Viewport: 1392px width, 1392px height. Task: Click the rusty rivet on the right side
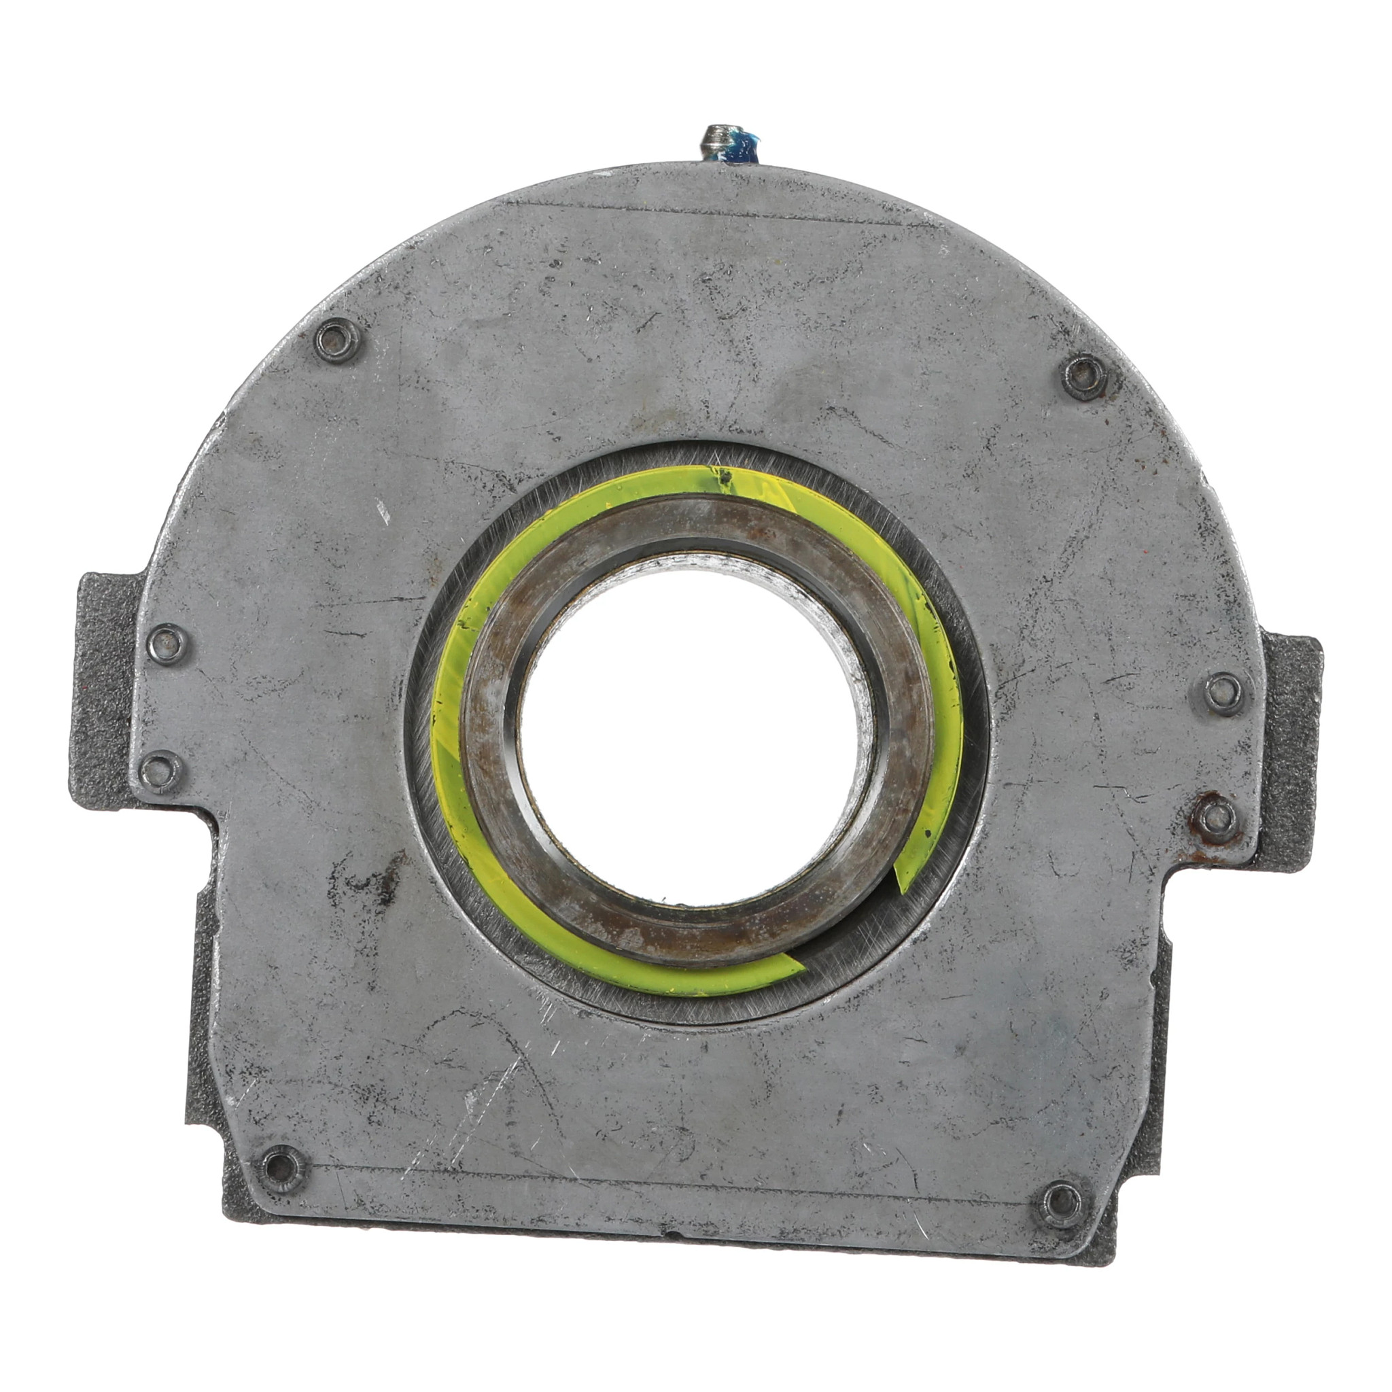tap(1217, 817)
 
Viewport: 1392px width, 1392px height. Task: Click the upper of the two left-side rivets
tap(167, 640)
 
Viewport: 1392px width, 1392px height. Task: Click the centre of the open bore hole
tap(695, 728)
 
